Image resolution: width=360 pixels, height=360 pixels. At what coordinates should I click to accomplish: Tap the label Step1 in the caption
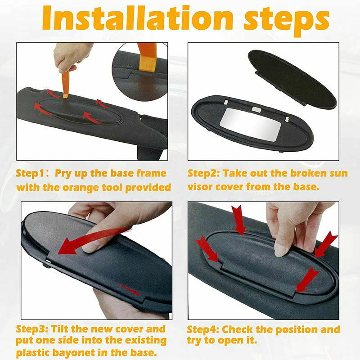[x=31, y=173]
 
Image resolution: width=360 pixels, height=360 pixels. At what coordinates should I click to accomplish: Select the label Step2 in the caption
[x=203, y=173]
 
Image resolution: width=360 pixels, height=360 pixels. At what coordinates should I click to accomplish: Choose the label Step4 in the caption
[x=203, y=329]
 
